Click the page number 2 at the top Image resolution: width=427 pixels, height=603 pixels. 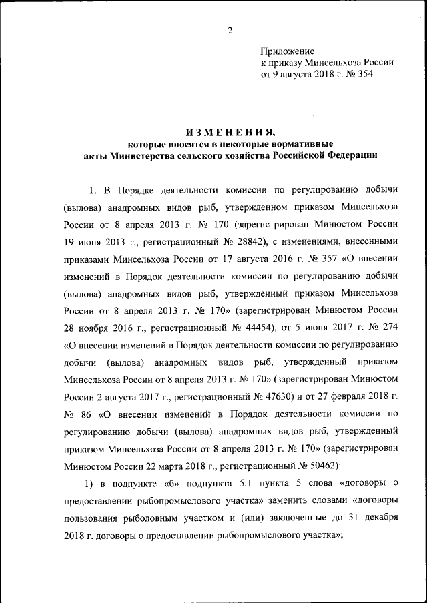(229, 31)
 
